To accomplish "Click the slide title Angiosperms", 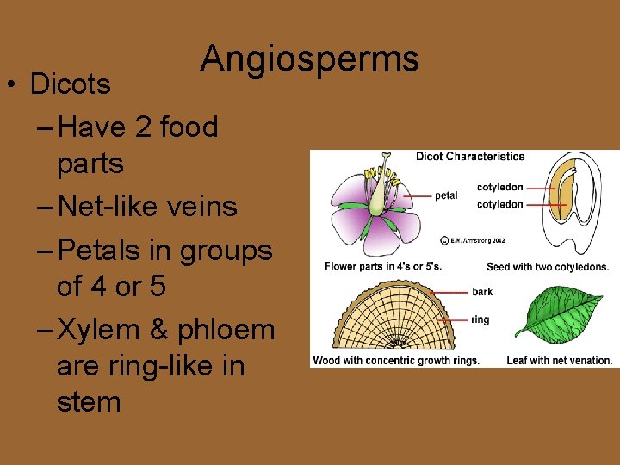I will coord(309,59).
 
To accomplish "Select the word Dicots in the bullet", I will coord(70,84).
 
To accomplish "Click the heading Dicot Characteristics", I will coord(469,157).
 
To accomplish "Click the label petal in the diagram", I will coord(446,195).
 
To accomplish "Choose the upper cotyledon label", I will coord(500,187).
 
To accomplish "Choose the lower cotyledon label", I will coord(500,204).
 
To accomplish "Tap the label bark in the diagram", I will coord(482,293).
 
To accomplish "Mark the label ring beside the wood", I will coord(480,319).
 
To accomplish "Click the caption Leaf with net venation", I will coord(559,361).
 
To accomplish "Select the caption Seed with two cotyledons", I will coord(547,267).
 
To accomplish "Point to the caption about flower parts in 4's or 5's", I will coord(382,266).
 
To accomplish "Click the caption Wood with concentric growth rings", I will coord(396,361).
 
